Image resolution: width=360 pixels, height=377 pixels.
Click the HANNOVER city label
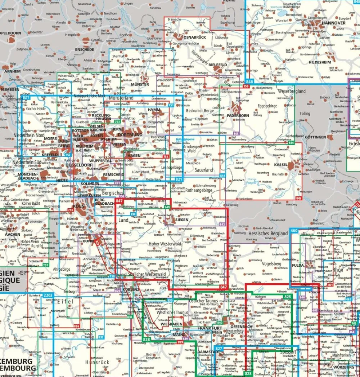point(333,23)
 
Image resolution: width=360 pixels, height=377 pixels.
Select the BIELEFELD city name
point(217,65)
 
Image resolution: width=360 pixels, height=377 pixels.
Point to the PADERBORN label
point(238,115)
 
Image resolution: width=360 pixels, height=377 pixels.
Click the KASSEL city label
point(281,164)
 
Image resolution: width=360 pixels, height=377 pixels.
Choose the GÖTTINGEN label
point(315,137)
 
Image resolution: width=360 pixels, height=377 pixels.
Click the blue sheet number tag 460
point(294,231)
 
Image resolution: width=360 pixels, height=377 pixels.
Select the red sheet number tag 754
point(166,157)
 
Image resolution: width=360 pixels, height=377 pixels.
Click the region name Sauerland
point(204,169)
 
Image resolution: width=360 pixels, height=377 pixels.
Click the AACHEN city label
point(13,234)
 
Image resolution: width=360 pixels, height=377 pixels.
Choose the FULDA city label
point(298,266)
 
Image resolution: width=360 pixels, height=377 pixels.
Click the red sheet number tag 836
point(76,326)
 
